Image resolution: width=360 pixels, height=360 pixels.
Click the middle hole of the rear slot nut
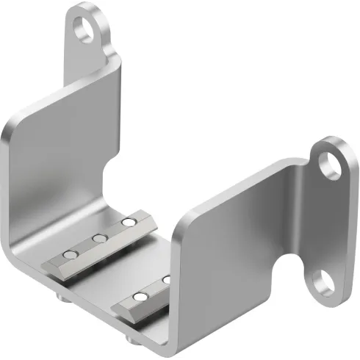pyautogui.click(x=97, y=237)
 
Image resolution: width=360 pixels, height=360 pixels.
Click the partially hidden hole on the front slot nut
pyautogui.click(x=165, y=280)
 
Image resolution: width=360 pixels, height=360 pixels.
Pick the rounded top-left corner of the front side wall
pyautogui.click(x=184, y=220)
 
